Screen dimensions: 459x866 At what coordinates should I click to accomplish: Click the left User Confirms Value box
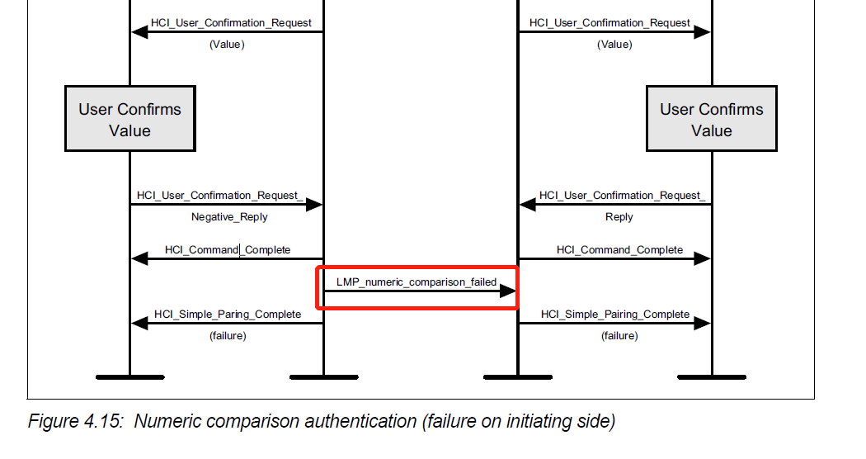(129, 119)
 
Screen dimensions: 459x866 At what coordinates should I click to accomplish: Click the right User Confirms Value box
(711, 119)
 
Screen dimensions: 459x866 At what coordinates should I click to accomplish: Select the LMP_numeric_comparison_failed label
(417, 282)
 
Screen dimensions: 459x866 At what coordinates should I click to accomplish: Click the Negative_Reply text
(229, 217)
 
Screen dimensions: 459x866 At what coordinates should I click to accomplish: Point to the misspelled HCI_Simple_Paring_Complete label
(228, 315)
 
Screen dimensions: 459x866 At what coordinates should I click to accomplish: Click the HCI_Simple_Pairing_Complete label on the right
(615, 315)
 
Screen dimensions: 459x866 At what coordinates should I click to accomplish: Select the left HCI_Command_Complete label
(228, 249)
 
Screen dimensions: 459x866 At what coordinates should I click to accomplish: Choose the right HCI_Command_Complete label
(619, 249)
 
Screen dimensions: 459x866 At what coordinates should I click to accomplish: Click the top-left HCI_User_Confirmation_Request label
(231, 23)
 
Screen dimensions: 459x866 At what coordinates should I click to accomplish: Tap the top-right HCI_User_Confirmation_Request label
(609, 23)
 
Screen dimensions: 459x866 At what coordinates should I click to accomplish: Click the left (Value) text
(227, 45)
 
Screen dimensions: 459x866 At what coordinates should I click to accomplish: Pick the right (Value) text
(614, 45)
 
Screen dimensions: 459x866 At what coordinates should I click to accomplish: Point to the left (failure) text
(228, 336)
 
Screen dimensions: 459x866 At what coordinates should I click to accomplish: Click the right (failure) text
(619, 336)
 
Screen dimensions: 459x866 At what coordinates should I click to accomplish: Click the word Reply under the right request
(619, 217)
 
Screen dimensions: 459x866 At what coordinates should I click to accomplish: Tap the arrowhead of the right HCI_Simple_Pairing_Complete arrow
(702, 324)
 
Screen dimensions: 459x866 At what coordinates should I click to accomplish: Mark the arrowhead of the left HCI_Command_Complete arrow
(139, 259)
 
